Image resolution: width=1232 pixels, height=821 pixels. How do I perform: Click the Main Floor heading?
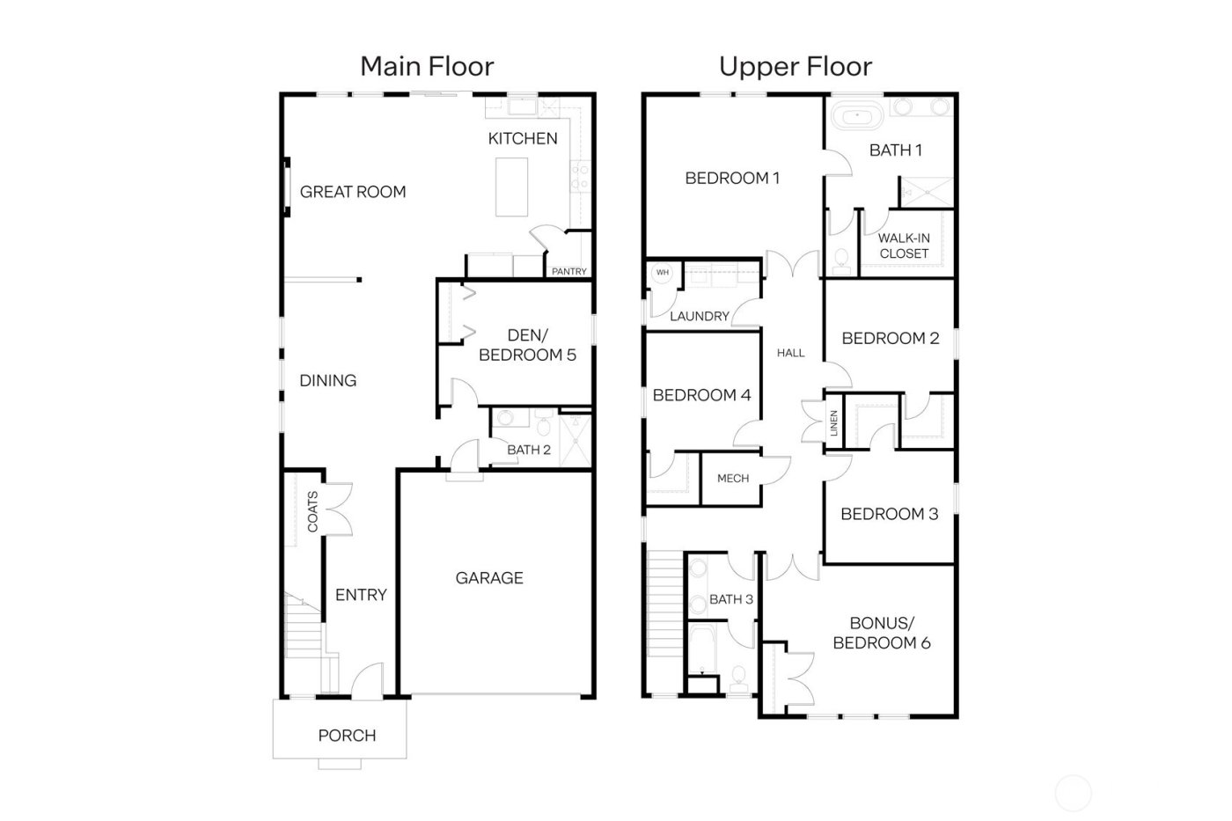coord(427,66)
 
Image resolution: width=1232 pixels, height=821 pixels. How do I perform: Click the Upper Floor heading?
coord(796,66)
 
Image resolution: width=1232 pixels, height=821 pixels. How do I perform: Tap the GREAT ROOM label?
coord(353,192)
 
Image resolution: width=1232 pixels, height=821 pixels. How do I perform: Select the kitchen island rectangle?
coord(511,186)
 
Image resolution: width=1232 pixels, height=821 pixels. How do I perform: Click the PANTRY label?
coord(568,271)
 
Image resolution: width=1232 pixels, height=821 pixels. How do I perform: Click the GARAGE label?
coord(489,578)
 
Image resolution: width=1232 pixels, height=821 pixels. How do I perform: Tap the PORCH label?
coord(347,736)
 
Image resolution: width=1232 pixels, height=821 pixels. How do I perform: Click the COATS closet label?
coord(312,511)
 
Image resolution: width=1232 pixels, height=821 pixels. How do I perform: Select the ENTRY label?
coord(361,595)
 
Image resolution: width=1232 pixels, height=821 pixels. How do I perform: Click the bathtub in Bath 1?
coord(858,115)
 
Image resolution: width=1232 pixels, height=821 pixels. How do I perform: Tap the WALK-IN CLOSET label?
coord(904,246)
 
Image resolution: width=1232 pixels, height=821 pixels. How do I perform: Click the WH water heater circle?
coord(663,273)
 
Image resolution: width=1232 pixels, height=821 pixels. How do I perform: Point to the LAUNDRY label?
coord(700,316)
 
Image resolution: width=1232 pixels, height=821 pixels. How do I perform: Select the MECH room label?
coord(733,478)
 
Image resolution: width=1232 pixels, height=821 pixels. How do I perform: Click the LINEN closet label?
coord(834,424)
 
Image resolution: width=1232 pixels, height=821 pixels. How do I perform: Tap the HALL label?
coord(790,353)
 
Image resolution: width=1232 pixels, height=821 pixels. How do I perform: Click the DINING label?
coord(328,381)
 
